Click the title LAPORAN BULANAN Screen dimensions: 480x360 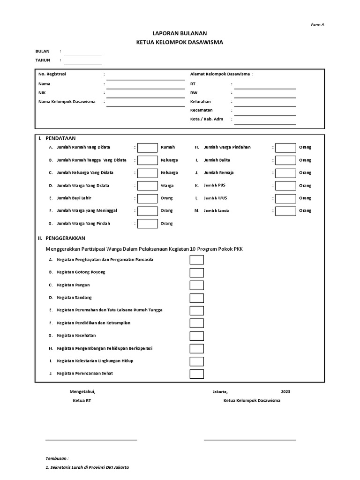180,33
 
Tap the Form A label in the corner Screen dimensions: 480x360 318,25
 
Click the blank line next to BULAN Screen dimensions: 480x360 82,55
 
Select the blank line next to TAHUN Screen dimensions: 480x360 82,64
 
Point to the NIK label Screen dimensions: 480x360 42,93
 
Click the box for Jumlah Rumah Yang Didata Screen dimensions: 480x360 148,148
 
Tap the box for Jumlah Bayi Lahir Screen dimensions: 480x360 148,198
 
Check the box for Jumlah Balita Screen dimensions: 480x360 285,160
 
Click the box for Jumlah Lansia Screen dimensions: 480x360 285,211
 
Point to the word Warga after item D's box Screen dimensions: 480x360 167,186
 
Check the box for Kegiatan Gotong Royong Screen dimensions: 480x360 196,272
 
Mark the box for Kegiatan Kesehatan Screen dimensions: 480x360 196,336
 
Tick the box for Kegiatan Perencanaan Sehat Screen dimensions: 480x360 196,374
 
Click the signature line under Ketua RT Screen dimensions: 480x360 91,439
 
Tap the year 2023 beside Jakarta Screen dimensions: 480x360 285,391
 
